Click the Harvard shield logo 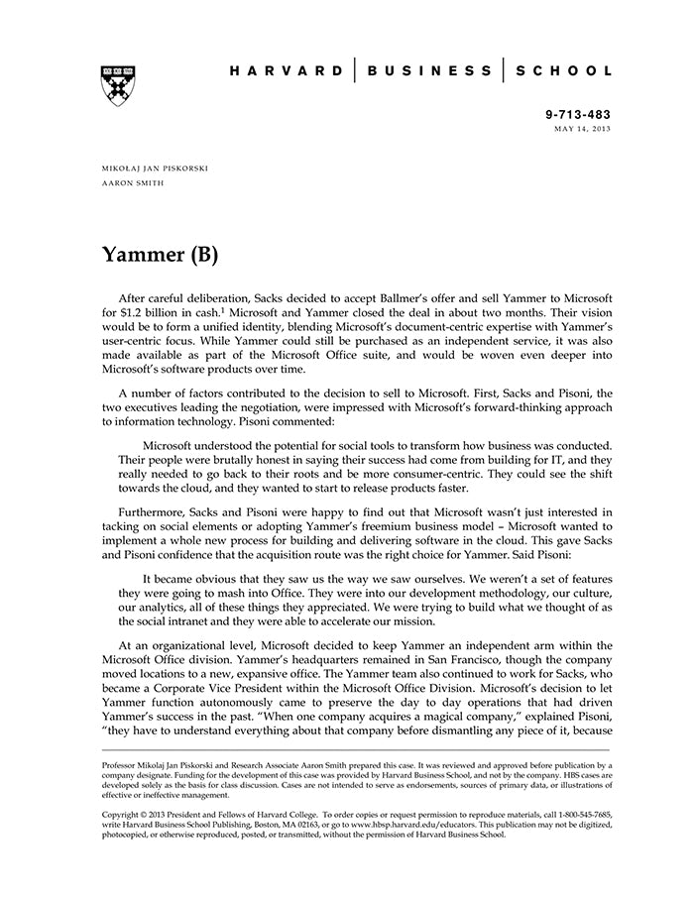[118, 83]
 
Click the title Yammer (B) [160, 255]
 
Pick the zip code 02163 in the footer [320, 824]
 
